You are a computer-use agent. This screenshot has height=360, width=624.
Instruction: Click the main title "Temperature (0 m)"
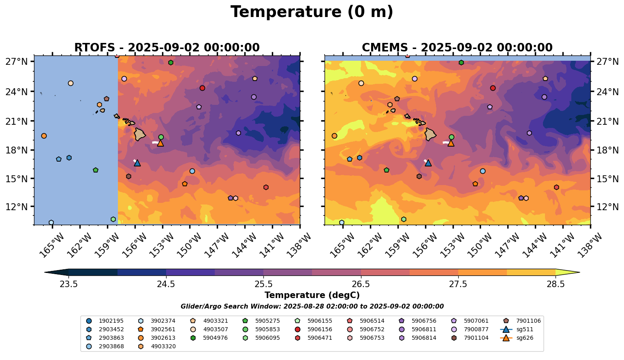[312, 12]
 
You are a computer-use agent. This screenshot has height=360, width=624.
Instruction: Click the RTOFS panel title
[167, 48]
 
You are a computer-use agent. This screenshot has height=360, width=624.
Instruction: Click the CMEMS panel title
[457, 48]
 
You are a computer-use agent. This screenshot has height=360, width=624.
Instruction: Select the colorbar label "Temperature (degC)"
[312, 295]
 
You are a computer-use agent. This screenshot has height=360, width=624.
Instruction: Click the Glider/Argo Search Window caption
[312, 307]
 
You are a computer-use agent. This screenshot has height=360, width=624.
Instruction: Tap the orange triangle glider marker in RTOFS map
[160, 143]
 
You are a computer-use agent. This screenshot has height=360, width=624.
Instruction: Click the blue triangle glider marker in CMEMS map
[428, 163]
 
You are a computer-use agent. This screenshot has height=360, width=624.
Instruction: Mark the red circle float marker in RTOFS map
[202, 88]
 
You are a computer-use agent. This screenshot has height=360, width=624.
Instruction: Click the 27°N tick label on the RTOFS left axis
[17, 62]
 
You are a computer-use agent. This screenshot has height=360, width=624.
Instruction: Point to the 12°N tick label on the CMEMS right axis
[607, 207]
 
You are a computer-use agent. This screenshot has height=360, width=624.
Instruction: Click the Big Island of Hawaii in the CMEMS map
[430, 134]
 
